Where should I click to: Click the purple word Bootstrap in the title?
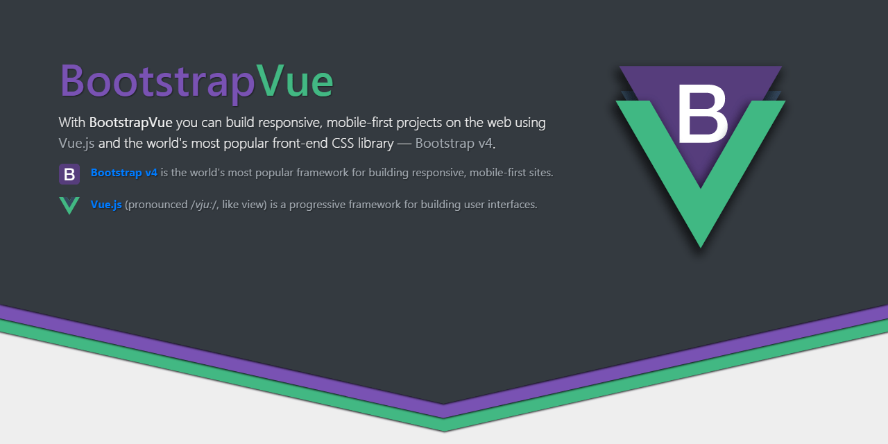[156, 82]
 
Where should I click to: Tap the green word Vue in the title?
[294, 82]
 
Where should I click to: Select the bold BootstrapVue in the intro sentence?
[130, 123]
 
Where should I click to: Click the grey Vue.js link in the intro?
[76, 144]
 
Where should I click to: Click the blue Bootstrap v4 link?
[123, 173]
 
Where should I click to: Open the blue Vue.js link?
[106, 205]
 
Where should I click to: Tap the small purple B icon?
[69, 174]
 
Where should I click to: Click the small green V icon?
[69, 205]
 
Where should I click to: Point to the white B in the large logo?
[701, 112]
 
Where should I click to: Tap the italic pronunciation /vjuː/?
[205, 205]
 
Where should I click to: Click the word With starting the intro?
[72, 123]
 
